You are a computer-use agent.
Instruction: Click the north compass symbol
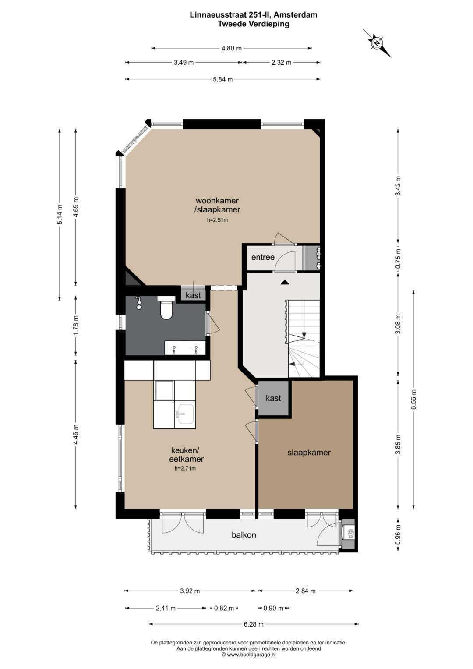point(377,43)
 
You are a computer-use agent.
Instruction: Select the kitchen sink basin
point(185,414)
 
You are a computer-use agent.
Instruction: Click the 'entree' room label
point(263,257)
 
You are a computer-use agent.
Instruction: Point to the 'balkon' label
point(244,534)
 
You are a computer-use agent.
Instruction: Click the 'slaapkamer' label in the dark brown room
point(309,453)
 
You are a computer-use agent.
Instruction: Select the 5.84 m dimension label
point(223,79)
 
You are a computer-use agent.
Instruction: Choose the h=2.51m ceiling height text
point(217,220)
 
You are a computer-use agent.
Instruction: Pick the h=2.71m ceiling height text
point(185,469)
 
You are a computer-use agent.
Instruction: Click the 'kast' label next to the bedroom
point(273,398)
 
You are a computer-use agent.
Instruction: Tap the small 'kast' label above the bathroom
point(193,296)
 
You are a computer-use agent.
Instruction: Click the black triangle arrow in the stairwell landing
point(285,282)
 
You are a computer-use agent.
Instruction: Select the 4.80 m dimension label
point(232,48)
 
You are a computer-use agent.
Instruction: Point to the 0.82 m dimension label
point(224,608)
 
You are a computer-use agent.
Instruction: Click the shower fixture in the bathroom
point(138,303)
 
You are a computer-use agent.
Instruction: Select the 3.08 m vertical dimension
point(398,324)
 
